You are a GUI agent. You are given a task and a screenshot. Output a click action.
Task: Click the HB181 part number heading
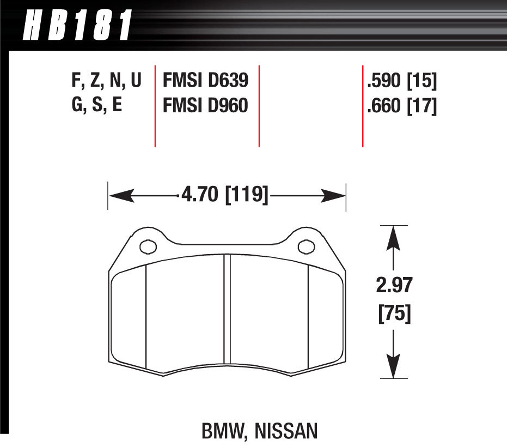[x=77, y=25]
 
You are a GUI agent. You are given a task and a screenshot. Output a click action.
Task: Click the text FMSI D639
[x=206, y=81]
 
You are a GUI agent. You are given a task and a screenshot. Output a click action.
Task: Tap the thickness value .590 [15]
[x=402, y=81]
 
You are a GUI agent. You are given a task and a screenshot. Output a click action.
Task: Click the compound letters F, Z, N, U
[x=106, y=81]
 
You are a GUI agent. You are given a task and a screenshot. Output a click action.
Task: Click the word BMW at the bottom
[x=222, y=433]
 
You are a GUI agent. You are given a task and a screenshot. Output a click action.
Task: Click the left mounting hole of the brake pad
[x=148, y=247]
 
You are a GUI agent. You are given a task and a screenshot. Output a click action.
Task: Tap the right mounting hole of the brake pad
[x=306, y=247]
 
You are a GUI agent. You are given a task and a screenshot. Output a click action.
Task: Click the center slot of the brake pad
[x=228, y=316]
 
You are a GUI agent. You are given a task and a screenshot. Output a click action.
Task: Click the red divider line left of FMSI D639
[x=155, y=106]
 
